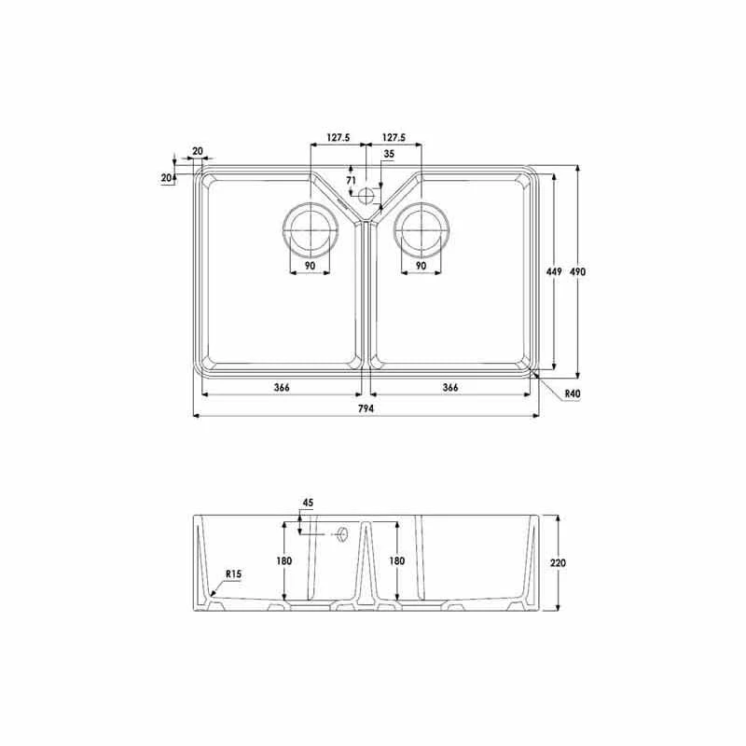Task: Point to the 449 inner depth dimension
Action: point(553,271)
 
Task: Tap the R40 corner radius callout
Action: point(573,394)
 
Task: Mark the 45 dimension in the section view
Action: point(306,504)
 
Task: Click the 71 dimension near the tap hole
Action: point(351,180)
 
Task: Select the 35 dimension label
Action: point(388,154)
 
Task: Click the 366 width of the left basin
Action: point(280,387)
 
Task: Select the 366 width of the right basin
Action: point(449,387)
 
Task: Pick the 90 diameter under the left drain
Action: point(309,266)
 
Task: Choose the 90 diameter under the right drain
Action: point(421,266)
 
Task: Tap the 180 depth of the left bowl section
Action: point(284,560)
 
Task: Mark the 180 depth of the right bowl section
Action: point(396,560)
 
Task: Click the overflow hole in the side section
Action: point(342,534)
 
